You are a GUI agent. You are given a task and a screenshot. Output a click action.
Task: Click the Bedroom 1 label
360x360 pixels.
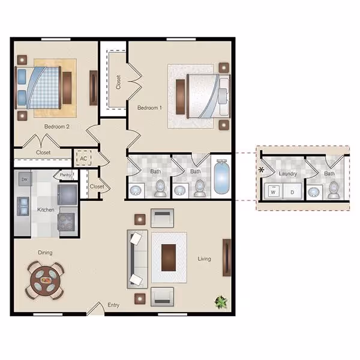(149, 108)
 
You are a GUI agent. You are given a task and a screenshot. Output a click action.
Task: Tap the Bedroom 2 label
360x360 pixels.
(57, 127)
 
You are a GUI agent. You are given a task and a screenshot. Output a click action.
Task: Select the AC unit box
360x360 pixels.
(83, 158)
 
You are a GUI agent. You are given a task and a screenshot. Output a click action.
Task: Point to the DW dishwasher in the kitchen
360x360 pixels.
(25, 179)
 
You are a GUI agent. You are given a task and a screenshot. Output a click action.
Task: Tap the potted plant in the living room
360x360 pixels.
(221, 302)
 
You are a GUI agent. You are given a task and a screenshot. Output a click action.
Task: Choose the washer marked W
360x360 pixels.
(272, 193)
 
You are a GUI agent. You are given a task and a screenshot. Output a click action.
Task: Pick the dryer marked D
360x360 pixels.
(292, 193)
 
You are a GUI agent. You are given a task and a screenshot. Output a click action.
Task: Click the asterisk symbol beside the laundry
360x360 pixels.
(261, 171)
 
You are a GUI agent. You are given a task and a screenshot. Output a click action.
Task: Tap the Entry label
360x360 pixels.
(113, 305)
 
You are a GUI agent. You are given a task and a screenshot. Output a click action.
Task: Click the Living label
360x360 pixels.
(204, 259)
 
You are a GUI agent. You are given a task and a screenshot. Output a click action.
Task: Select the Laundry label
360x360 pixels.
(288, 174)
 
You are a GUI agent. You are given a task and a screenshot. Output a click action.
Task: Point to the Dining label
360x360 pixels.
(46, 253)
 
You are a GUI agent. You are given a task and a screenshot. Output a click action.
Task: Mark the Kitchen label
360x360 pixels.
(46, 210)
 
